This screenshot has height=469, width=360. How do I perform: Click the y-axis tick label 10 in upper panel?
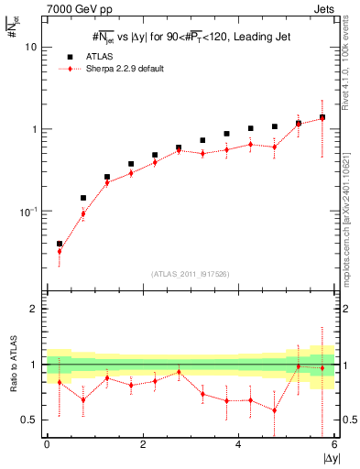point(33,47)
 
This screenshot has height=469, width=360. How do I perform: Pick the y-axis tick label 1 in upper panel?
point(36,129)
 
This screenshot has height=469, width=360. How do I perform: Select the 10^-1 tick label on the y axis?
point(30,212)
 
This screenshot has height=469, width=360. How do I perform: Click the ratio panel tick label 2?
point(36,310)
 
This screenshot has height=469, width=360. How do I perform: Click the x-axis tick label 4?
point(238,444)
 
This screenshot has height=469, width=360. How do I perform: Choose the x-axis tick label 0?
point(47,444)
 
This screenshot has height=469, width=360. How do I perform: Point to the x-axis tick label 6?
point(334,444)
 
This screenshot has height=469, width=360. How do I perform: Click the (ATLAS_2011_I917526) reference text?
point(191,274)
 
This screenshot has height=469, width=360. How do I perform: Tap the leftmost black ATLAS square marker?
point(60,244)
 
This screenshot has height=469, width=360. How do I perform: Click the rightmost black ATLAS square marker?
point(322,117)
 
